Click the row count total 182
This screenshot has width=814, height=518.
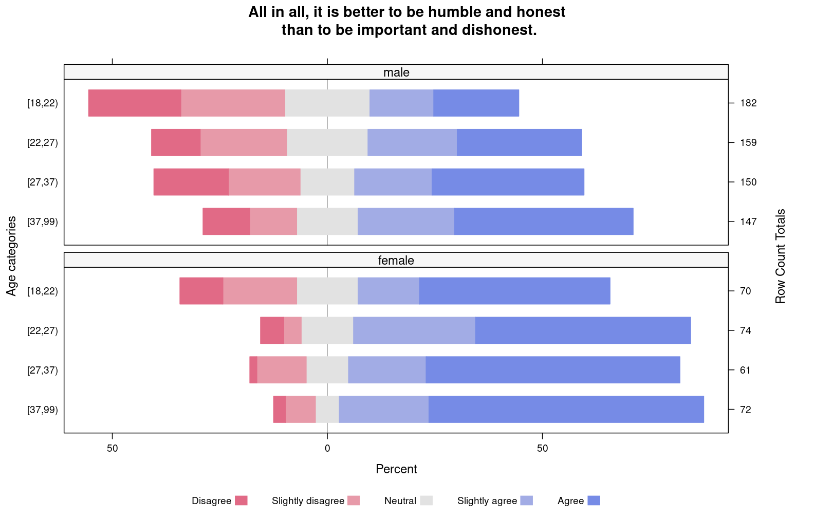[749, 103]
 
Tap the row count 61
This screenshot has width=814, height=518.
[746, 370]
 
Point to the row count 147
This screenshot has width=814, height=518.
[749, 221]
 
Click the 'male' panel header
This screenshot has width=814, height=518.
[396, 72]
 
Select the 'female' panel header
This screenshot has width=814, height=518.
[396, 260]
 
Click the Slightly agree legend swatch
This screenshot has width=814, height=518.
[527, 501]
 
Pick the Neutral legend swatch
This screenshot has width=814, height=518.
[426, 501]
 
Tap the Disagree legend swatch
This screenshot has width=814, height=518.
[242, 501]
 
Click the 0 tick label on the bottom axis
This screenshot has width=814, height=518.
[327, 448]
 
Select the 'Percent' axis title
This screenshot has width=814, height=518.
[396, 469]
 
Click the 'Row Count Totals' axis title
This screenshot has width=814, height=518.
[780, 256]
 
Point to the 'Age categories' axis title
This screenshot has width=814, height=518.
[12, 256]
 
